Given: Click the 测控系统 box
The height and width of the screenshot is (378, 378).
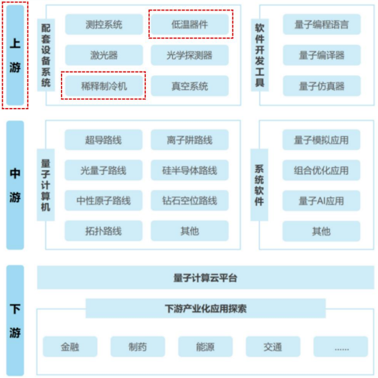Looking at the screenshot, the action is coord(104,24).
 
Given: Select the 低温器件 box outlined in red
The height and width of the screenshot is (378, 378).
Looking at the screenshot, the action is coord(190,24).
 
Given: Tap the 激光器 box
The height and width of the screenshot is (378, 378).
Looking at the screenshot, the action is coord(104,56).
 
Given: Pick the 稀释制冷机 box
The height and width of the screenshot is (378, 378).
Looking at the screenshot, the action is coord(104,87).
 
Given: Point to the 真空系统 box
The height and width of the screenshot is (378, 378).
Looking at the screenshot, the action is coord(190,87).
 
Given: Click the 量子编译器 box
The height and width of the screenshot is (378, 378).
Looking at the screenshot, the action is coord(321,56).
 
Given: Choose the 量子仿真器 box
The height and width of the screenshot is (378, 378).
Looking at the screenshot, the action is coord(321,87).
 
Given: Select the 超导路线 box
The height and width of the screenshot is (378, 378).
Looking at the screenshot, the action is coord(104,140).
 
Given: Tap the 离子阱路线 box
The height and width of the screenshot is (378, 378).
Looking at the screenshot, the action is coord(190,140).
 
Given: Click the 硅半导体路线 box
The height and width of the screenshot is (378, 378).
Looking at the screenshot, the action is coord(190,171).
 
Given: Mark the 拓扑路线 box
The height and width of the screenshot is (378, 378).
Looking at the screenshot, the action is coord(104,231).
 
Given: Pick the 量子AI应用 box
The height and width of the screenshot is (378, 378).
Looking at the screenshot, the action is coord(321,201).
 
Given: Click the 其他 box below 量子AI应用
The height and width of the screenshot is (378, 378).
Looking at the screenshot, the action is coord(321,231).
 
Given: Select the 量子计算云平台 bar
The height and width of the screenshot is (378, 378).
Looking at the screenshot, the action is coord(204,278).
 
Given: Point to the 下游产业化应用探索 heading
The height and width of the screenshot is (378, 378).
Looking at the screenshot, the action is coord(205,308).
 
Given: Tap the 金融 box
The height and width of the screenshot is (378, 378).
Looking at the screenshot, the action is coord(70,347).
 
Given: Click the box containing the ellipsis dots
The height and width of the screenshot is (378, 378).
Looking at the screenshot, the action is coord(341,347).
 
